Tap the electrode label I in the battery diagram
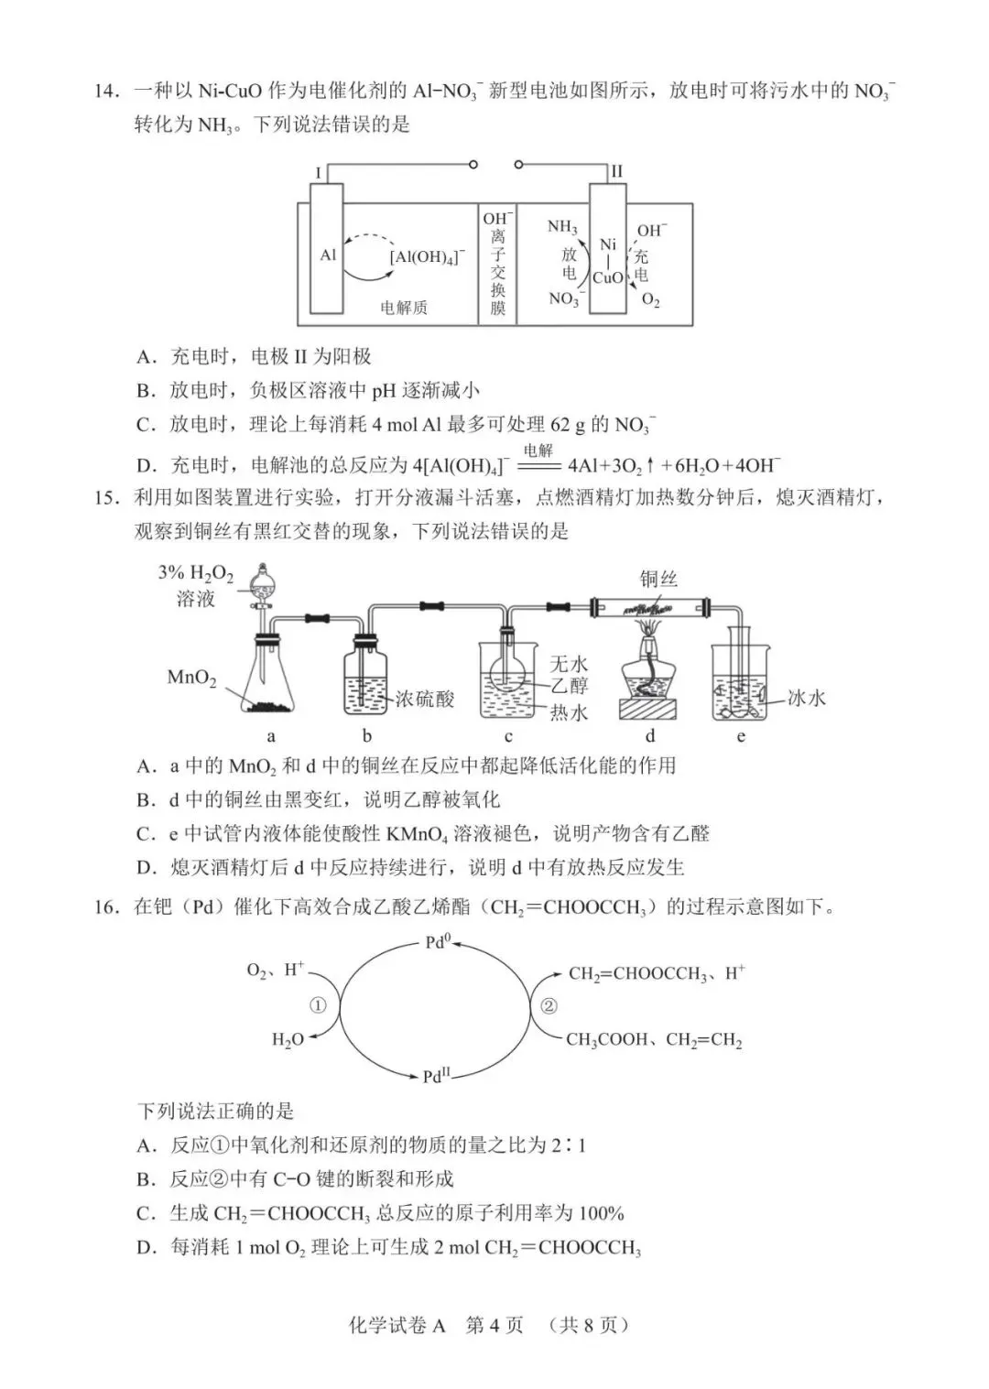point(318,171)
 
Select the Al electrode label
point(328,255)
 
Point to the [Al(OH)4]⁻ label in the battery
point(427,257)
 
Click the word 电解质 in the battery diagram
point(404,308)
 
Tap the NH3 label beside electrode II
point(562,227)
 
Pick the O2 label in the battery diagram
point(650,300)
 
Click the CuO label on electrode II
point(608,277)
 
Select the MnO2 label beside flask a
point(191,678)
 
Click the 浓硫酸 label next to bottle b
point(425,699)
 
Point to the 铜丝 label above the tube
point(658,579)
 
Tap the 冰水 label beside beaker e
point(806,698)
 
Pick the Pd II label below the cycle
point(437,1076)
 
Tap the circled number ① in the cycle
point(318,1005)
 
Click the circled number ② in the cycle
point(549,1005)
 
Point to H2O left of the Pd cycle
point(288,1040)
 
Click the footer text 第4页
point(494,1324)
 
